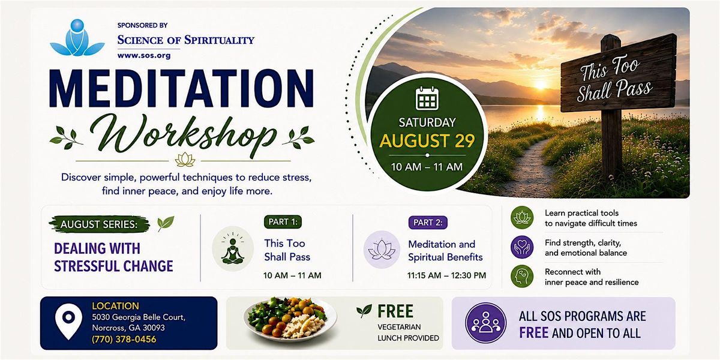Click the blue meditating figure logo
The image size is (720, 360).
click(77, 38)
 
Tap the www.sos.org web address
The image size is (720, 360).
click(144, 55)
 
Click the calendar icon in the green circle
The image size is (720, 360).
click(427, 98)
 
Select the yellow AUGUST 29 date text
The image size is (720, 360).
click(427, 141)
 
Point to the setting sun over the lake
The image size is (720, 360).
click(541, 84)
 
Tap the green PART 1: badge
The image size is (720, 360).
click(283, 222)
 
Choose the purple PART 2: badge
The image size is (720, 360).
click(428, 223)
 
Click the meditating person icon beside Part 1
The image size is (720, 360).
click(233, 249)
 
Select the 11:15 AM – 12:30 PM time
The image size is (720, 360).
click(446, 275)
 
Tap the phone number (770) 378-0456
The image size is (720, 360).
click(124, 339)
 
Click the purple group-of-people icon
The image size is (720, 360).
click(485, 323)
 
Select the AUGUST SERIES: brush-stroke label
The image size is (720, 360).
click(100, 224)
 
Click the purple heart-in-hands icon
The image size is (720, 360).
click(522, 247)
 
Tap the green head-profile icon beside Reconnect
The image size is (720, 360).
click(522, 276)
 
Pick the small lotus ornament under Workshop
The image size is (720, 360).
click(185, 160)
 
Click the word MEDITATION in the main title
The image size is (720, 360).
click(182, 88)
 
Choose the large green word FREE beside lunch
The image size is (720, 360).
click(395, 311)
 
